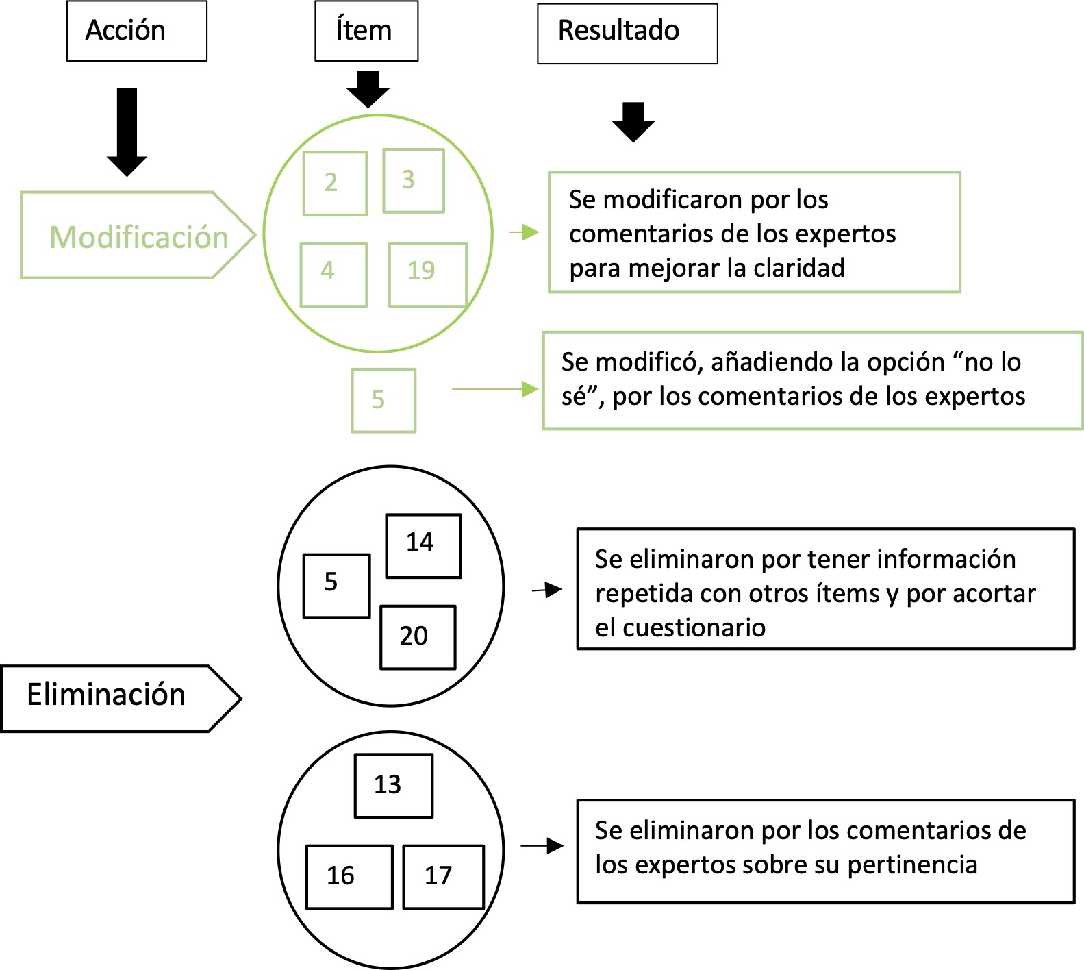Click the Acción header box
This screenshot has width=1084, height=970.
pyautogui.click(x=136, y=31)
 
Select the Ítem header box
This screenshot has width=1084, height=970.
pyautogui.click(x=366, y=31)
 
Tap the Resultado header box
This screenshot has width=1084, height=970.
pyautogui.click(x=627, y=34)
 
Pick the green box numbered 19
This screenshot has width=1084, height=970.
pyautogui.click(x=427, y=274)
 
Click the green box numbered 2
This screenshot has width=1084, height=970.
pyautogui.click(x=335, y=184)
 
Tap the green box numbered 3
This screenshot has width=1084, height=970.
pyautogui.click(x=413, y=181)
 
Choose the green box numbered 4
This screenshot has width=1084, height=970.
pyautogui.click(x=333, y=274)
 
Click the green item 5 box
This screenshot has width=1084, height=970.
pyautogui.click(x=383, y=400)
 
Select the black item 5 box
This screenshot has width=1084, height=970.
pyautogui.click(x=336, y=586)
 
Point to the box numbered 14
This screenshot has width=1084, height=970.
pyautogui.click(x=423, y=546)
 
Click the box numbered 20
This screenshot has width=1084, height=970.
pyautogui.click(x=417, y=637)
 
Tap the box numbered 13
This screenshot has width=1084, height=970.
pyautogui.click(x=393, y=786)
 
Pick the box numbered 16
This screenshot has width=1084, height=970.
pyautogui.click(x=349, y=877)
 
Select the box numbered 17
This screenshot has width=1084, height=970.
pyautogui.click(x=443, y=877)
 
